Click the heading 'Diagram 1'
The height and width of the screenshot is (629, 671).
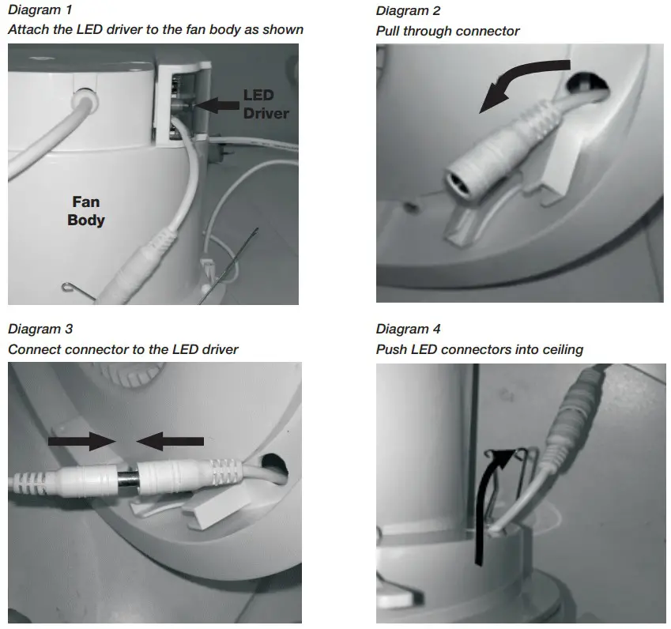pyautogui.click(x=40, y=9)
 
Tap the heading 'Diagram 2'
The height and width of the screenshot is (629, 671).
pyautogui.click(x=408, y=11)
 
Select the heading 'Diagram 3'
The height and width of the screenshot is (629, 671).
pyautogui.click(x=40, y=329)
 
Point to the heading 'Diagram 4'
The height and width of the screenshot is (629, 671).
pyautogui.click(x=408, y=329)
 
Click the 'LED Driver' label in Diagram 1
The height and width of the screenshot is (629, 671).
pyautogui.click(x=266, y=104)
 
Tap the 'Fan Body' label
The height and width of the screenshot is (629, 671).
pyautogui.click(x=86, y=210)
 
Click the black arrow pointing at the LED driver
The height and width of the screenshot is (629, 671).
pyautogui.click(x=218, y=105)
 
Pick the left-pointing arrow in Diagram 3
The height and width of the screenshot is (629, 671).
pyautogui.click(x=170, y=441)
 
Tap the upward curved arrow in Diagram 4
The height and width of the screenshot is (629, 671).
pyautogui.click(x=492, y=505)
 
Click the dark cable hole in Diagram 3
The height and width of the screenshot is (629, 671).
pyautogui.click(x=274, y=467)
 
